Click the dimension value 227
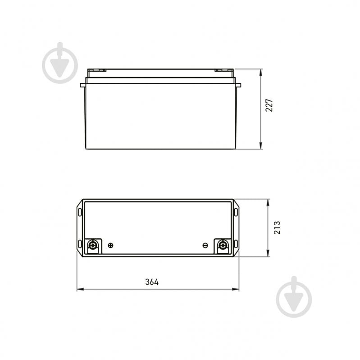tap(269, 105)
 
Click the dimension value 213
tap(277, 227)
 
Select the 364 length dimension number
tap(152, 282)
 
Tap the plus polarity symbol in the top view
tap(111, 245)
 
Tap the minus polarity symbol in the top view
tap(205, 245)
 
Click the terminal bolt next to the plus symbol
tap(93, 246)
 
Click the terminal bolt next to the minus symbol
tap(222, 246)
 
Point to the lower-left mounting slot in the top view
tap(80, 244)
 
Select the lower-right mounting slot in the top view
tap(236, 244)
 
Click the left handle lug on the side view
tap(83, 85)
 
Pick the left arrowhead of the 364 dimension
tap(79, 289)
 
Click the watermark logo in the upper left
tap(60, 64)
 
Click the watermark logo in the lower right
tap(294, 297)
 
